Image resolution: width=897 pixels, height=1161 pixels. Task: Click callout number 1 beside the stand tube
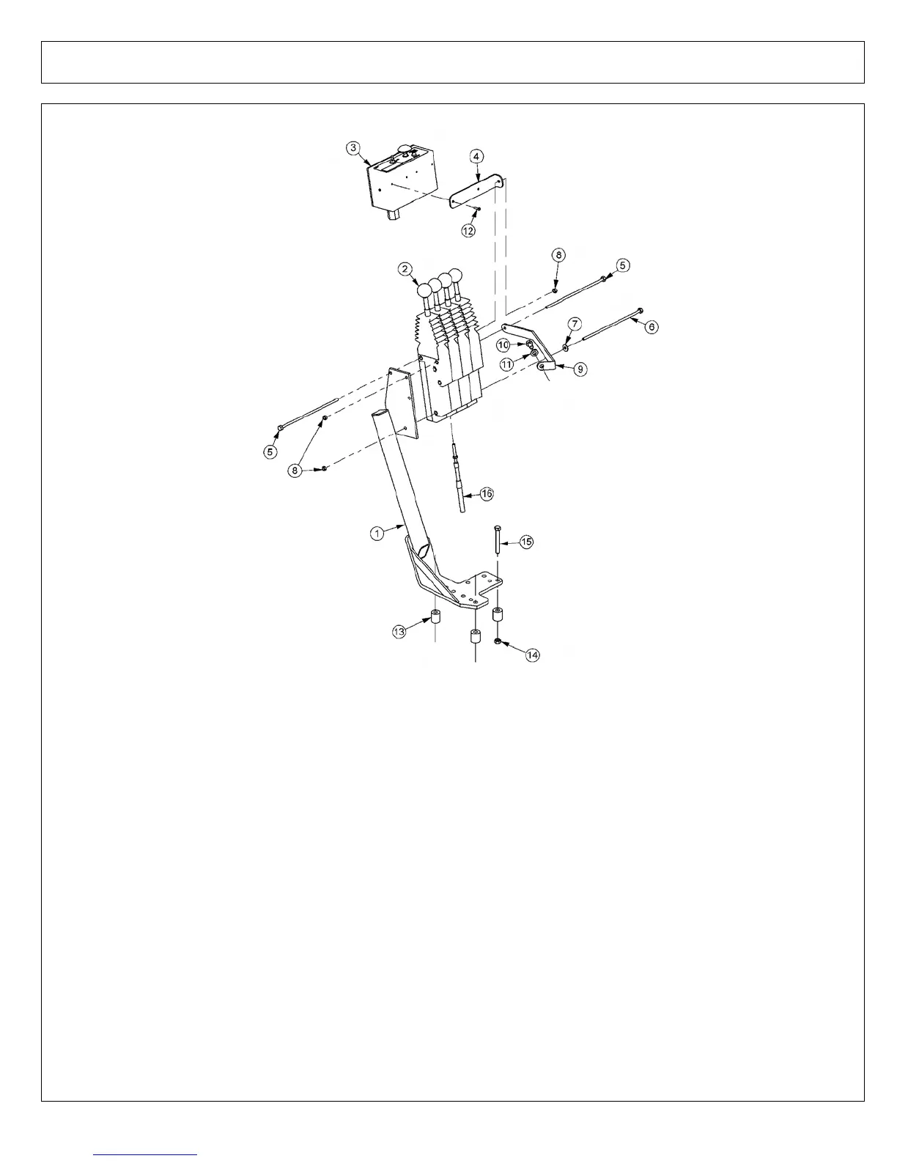click(x=377, y=534)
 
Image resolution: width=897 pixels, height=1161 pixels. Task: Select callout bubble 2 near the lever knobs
click(x=405, y=269)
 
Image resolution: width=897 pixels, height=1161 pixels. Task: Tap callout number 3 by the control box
click(x=354, y=147)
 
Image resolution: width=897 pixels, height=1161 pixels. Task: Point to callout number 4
click(x=476, y=156)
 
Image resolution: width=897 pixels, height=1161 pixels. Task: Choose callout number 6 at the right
click(x=651, y=327)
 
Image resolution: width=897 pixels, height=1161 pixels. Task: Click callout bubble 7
click(x=575, y=324)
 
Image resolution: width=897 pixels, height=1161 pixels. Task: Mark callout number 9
click(x=580, y=369)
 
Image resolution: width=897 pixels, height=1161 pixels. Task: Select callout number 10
click(x=503, y=344)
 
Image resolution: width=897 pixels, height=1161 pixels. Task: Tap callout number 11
click(x=507, y=364)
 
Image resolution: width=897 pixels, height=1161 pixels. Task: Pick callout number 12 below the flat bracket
click(x=468, y=229)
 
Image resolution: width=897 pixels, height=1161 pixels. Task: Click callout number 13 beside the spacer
click(x=399, y=631)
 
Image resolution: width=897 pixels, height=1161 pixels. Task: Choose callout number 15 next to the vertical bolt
click(x=526, y=542)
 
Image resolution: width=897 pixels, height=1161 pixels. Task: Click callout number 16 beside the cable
click(x=487, y=494)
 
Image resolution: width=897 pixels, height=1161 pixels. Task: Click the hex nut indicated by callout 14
click(x=498, y=641)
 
